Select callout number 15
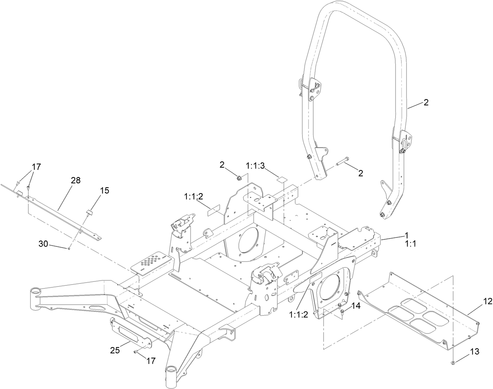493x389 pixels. (104, 190)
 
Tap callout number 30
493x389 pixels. (43, 244)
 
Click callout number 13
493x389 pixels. (474, 353)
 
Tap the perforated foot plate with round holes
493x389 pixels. (151, 261)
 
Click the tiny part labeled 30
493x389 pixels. (69, 248)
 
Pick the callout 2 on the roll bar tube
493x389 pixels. (426, 103)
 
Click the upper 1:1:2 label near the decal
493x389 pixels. (194, 196)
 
